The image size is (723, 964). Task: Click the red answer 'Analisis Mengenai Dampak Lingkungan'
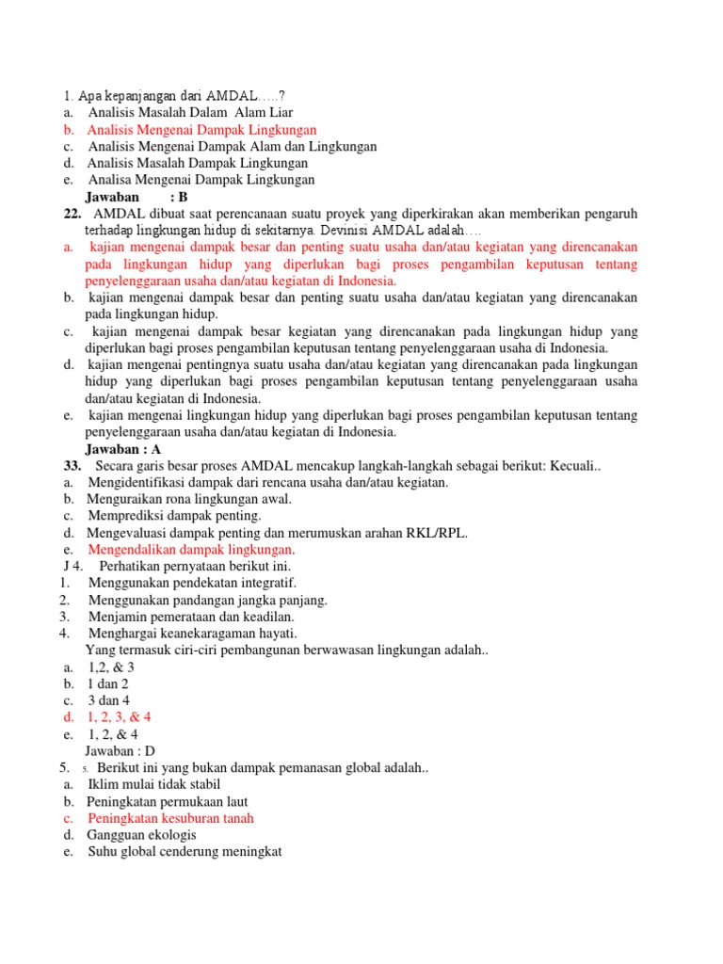[x=202, y=130]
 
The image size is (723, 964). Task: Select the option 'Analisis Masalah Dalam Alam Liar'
[x=191, y=113]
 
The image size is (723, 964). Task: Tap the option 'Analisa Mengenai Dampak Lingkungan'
[x=201, y=180]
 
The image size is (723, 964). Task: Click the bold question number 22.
[x=72, y=214]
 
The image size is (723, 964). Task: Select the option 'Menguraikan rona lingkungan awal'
[x=190, y=499]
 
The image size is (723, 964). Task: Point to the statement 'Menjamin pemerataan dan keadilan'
[x=191, y=617]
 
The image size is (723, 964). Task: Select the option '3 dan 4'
[x=109, y=700]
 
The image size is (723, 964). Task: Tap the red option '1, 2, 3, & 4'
[x=120, y=717]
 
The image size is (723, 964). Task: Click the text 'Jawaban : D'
[x=120, y=751]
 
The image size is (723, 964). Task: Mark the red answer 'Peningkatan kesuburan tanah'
[x=170, y=818]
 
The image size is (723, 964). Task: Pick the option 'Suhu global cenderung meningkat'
[x=185, y=852]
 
